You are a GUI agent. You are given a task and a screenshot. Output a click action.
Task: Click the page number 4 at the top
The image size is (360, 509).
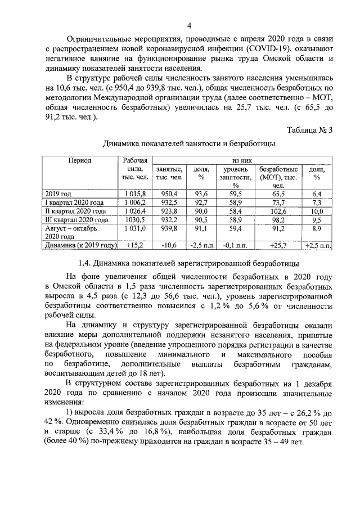pyautogui.click(x=190, y=26)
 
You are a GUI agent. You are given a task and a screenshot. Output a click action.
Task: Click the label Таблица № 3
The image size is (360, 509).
pyautogui.click(x=309, y=130)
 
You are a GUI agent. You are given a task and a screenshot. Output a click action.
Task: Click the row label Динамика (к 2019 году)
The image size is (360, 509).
pyautogui.click(x=80, y=245)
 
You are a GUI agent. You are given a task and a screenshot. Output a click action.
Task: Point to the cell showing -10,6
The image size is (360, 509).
pyautogui.click(x=169, y=245)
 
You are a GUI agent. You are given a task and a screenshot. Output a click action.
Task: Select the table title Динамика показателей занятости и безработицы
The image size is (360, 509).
pyautogui.click(x=189, y=144)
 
